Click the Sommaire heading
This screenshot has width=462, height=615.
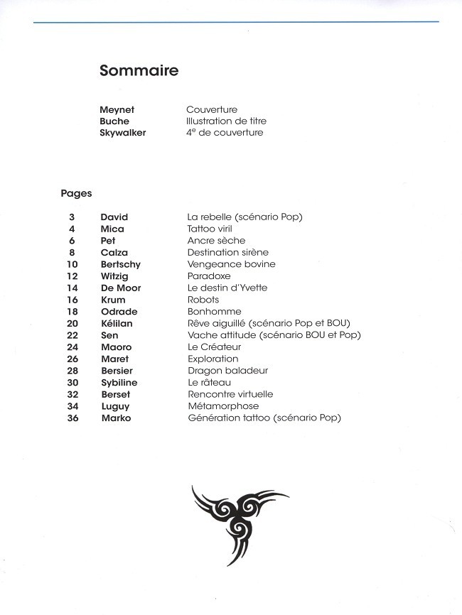[139, 71]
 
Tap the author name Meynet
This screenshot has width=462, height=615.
[117, 110]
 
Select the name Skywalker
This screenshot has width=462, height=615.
[123, 133]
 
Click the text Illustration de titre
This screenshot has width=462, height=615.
[226, 121]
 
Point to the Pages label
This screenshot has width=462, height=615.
[76, 193]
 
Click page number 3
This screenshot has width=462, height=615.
[72, 217]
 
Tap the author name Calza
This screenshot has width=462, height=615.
[114, 252]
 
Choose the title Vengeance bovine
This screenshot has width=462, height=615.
[231, 264]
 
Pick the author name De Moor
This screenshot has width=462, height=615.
[121, 288]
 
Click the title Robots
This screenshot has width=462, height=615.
[203, 300]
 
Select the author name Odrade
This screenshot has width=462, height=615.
[119, 312]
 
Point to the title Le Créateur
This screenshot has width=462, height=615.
[214, 347]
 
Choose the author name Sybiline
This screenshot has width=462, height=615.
[119, 383]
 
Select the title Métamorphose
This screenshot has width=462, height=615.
[223, 406]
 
